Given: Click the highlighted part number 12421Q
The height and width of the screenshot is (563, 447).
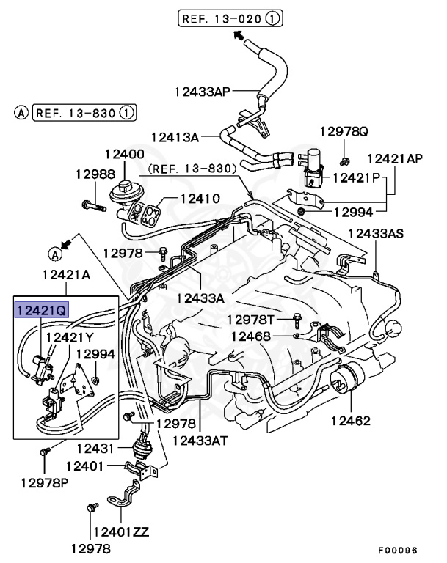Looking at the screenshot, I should coord(40,310).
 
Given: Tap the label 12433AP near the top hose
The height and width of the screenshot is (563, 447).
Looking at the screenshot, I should coord(202,92).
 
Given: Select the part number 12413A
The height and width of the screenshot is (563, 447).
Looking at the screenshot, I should coord(175,136).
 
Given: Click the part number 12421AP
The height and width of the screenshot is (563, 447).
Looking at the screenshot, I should coord(394,158).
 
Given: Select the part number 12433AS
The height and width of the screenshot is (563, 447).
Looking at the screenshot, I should coord(375,234).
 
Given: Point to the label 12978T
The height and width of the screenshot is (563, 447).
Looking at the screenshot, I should coord(250,320).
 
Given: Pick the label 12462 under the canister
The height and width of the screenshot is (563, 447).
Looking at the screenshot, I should coord(350,421).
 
